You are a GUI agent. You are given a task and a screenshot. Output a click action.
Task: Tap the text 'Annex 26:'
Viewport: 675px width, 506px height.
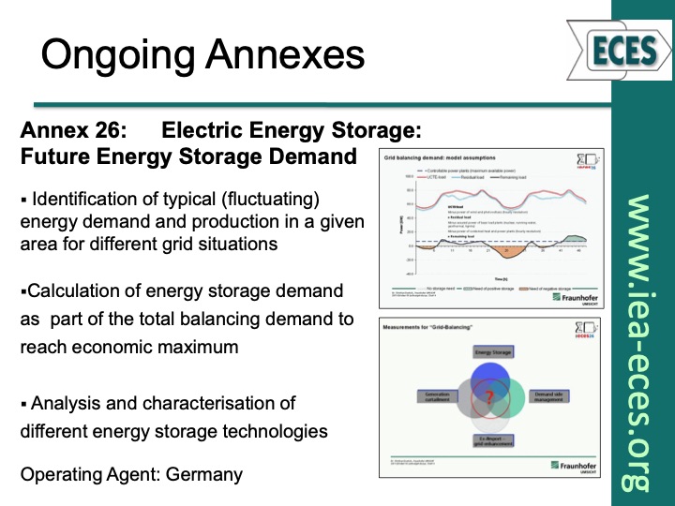tap(63, 131)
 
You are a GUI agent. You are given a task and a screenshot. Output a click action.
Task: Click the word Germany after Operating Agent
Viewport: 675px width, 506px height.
tap(204, 474)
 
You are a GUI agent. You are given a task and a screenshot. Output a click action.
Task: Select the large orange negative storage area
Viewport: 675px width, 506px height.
tap(506, 251)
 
